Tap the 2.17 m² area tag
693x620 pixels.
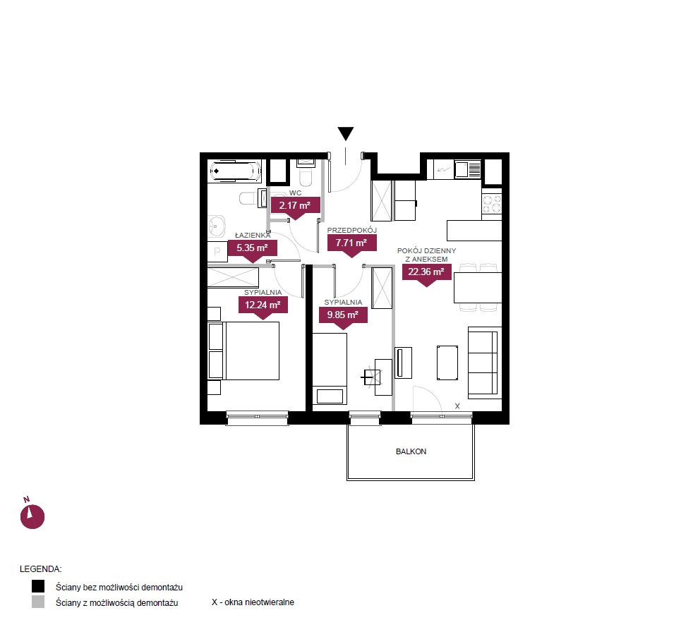295,207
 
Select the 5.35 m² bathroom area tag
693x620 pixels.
253,250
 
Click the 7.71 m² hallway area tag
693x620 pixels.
351,245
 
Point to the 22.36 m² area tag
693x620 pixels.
426,274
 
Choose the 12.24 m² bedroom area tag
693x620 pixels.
263,308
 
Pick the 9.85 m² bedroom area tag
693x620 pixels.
343,318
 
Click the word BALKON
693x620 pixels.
411,451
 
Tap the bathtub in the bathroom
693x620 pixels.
235,172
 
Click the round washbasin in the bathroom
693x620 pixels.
217,226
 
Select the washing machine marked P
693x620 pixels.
217,252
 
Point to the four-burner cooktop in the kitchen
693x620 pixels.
491,205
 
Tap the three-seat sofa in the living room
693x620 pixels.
484,363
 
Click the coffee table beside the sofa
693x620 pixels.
447,363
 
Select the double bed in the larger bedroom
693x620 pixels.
252,351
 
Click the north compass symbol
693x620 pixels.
32,514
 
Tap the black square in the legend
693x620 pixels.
38,586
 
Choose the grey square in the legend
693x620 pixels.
38,602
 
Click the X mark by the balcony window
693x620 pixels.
457,406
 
